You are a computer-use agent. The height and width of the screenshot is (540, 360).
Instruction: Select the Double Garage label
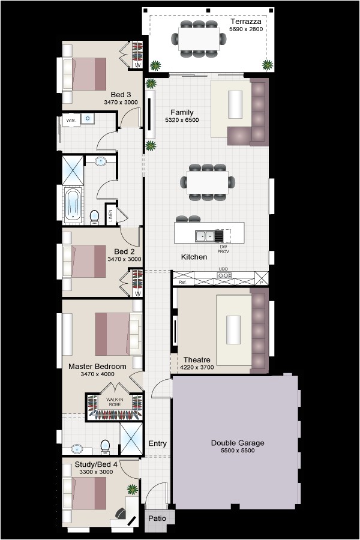click(x=238, y=443)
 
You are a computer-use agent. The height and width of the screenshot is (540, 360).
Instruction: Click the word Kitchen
click(x=194, y=257)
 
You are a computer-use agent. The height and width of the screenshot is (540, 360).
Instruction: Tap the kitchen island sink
click(x=205, y=236)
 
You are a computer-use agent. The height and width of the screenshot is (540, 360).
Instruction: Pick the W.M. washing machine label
click(x=70, y=120)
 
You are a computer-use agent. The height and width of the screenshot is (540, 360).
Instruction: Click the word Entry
click(x=157, y=443)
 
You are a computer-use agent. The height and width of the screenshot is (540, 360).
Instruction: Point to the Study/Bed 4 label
click(x=97, y=464)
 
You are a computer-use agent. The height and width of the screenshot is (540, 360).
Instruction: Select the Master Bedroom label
click(x=97, y=366)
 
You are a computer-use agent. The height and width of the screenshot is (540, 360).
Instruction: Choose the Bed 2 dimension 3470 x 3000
click(x=124, y=259)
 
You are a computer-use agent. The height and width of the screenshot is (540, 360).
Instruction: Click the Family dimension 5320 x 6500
click(x=182, y=120)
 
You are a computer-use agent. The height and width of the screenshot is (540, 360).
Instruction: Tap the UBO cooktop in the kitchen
click(x=224, y=275)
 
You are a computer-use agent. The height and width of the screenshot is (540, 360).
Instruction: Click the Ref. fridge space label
click(x=182, y=281)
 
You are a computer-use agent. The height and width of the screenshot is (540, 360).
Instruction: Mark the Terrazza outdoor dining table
click(x=200, y=40)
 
